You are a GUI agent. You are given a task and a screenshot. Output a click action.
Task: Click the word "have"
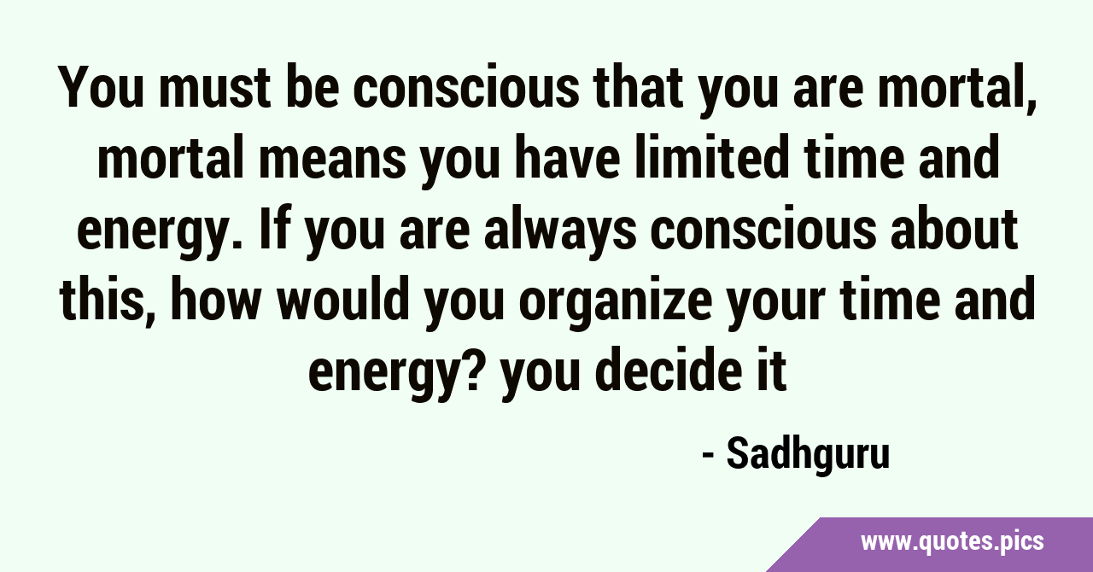[568, 158]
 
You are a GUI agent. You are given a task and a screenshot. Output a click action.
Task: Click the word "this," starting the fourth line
[107, 300]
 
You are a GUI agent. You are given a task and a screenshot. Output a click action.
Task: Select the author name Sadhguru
[808, 455]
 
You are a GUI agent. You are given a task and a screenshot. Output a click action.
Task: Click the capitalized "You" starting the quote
[101, 88]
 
